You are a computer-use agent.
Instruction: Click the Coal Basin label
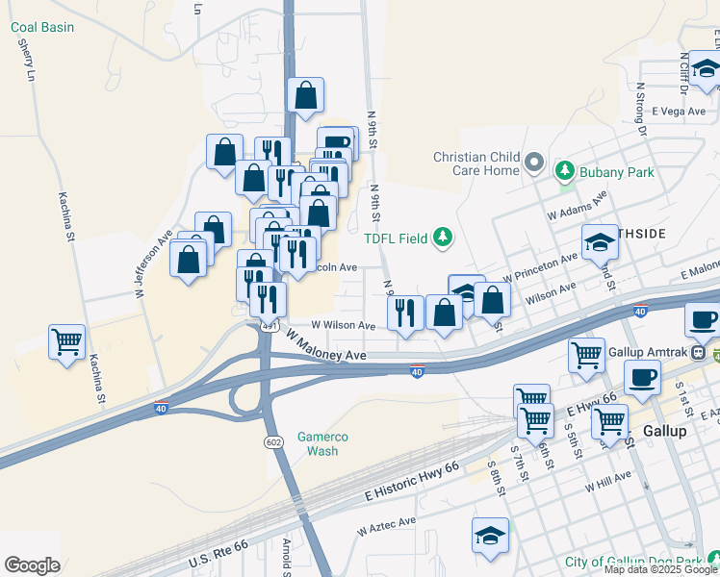(x=42, y=27)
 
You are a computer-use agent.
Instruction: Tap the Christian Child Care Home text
(x=476, y=163)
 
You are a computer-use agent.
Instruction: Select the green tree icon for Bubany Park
(x=565, y=172)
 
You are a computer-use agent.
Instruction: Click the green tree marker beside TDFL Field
(x=442, y=237)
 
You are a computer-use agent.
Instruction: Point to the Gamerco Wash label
(x=322, y=443)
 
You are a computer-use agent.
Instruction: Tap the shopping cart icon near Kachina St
(x=66, y=342)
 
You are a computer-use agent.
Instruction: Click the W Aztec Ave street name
(x=386, y=526)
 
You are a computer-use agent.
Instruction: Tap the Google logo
(x=32, y=564)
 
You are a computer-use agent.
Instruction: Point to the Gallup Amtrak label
(x=648, y=352)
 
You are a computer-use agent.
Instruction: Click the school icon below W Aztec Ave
(x=490, y=536)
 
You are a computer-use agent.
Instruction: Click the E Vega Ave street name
(x=679, y=112)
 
